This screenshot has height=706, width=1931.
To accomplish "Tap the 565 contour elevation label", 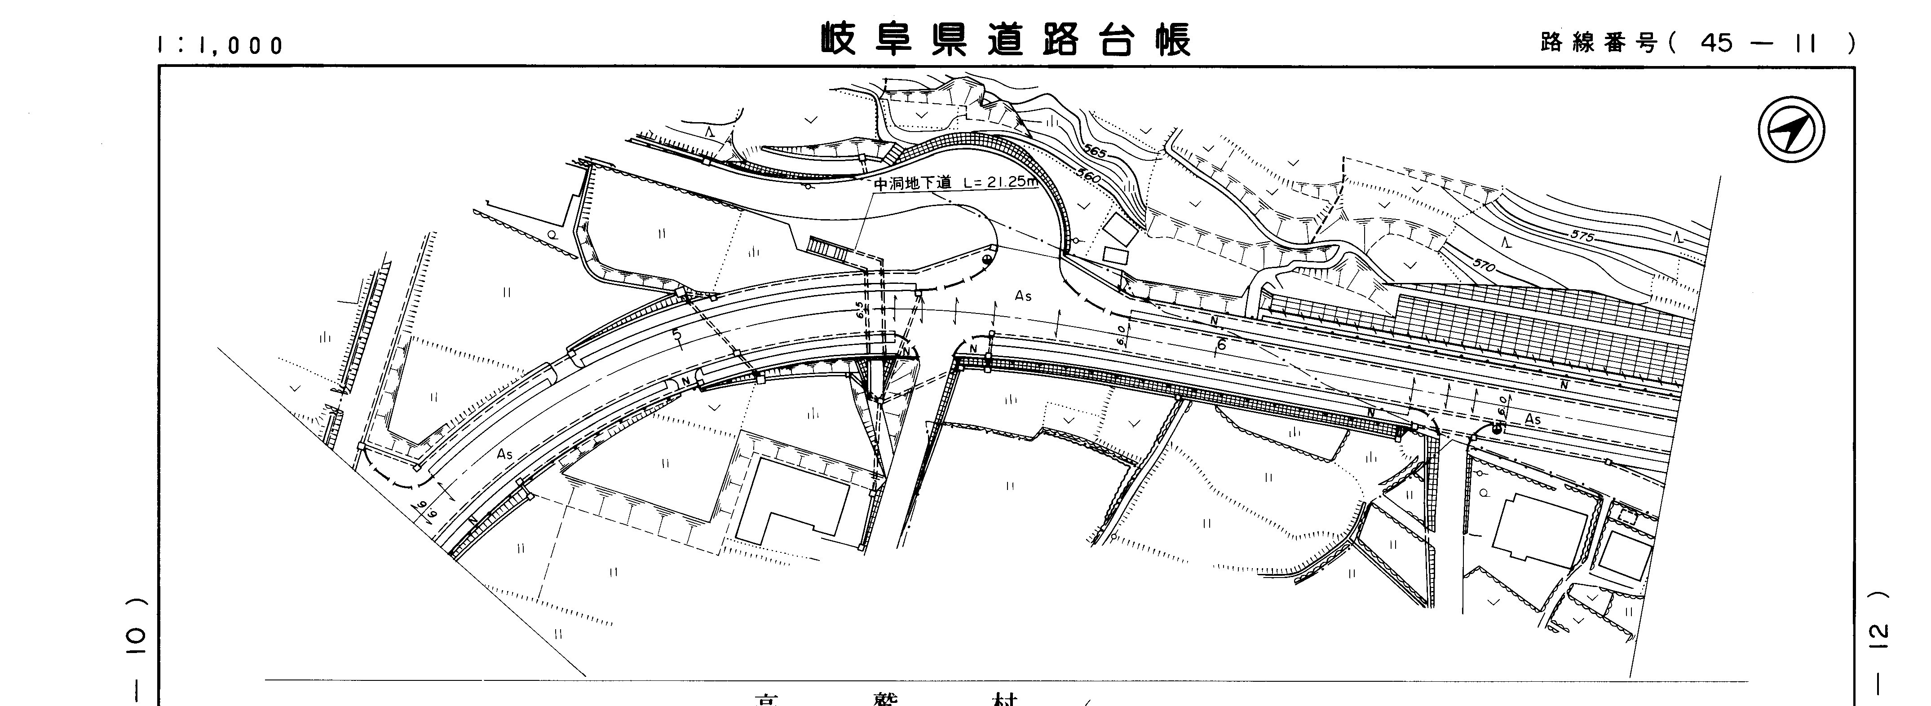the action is tap(1095, 153).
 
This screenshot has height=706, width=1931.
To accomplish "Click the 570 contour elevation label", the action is tap(1484, 265).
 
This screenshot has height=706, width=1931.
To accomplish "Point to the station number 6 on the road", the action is tap(1220, 345).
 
